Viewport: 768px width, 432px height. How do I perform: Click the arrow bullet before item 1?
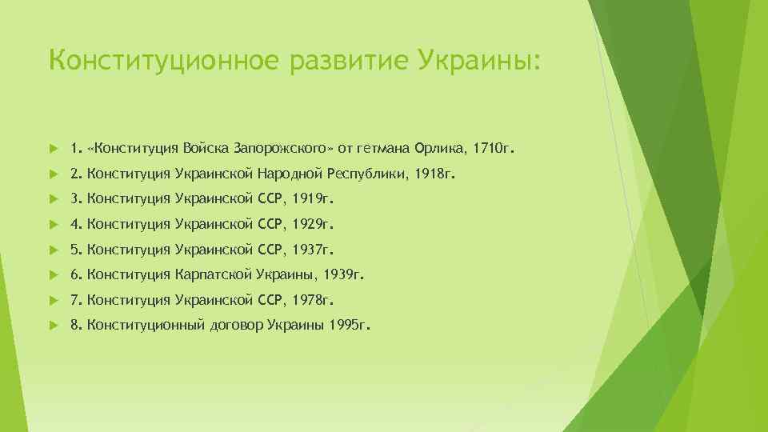(x=52, y=149)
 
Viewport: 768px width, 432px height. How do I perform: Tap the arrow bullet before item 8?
(x=52, y=326)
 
